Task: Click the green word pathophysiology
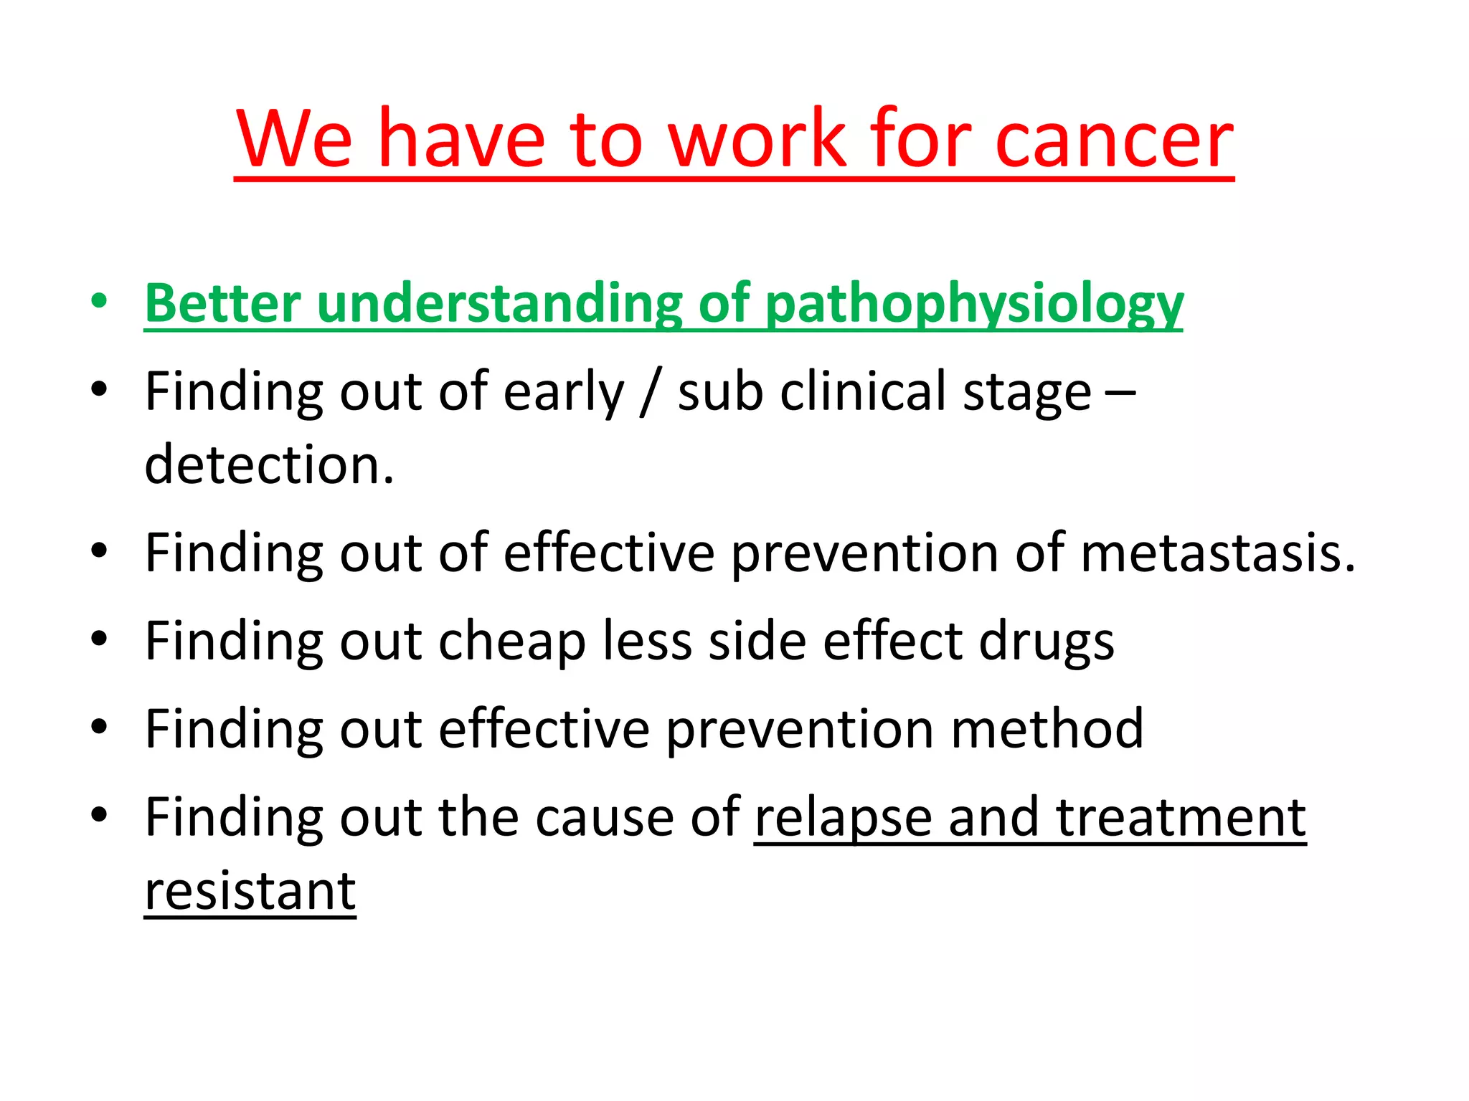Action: pos(973,305)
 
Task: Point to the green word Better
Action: pos(222,304)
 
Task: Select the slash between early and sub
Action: pos(650,393)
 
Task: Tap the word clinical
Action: pos(863,391)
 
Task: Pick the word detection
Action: pos(268,465)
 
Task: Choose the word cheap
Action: pos(511,642)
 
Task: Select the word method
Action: pos(1047,729)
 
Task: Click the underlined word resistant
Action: pos(250,891)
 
